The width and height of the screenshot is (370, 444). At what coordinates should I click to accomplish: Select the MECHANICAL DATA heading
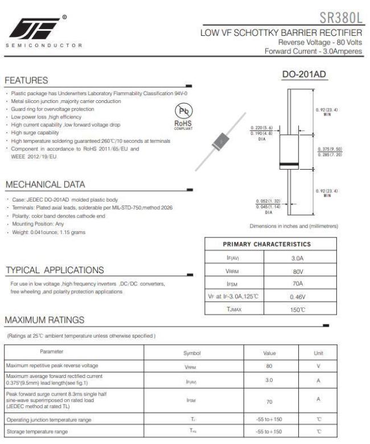tap(45, 184)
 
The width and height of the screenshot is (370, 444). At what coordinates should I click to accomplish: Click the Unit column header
tap(318, 353)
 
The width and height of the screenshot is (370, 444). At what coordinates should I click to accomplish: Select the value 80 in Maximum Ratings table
tap(269, 365)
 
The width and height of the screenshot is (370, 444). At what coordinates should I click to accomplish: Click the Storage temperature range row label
tap(35, 431)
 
